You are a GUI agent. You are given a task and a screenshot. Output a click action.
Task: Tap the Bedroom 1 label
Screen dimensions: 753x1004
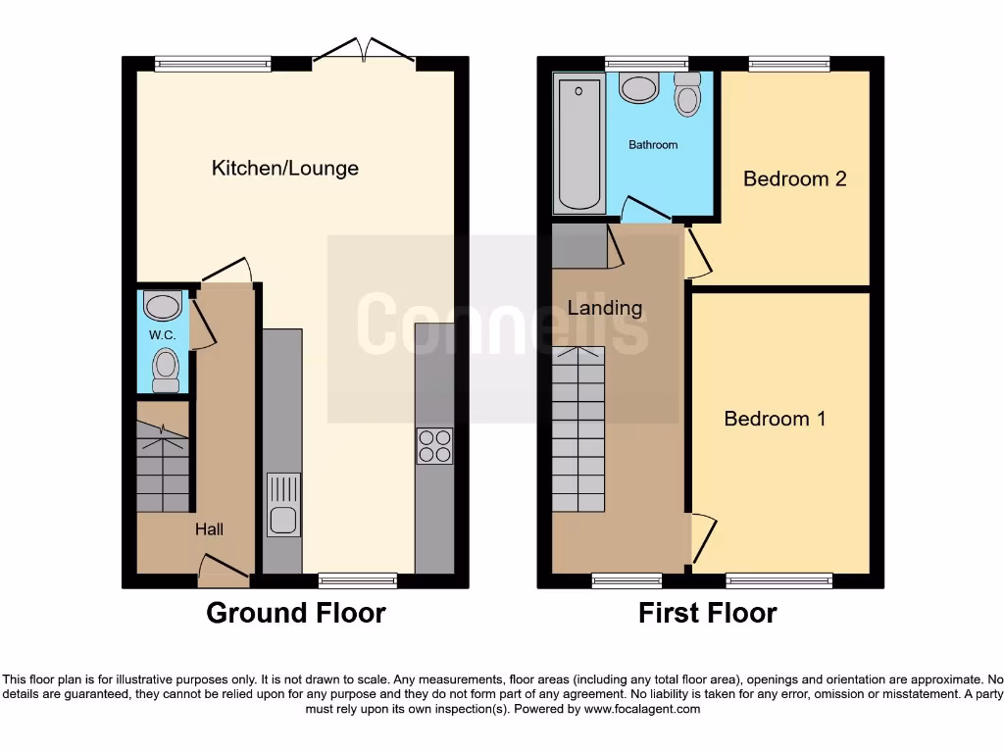[x=775, y=419]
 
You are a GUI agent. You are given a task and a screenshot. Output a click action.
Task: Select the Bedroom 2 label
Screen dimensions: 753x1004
[x=794, y=178]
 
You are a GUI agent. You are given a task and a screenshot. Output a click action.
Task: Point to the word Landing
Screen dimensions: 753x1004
[x=605, y=308]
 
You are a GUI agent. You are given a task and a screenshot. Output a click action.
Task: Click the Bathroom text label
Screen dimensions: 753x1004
[x=653, y=145]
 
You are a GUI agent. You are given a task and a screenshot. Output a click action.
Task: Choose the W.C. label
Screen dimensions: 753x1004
[x=162, y=335]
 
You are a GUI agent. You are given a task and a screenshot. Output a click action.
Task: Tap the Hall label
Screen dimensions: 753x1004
[x=209, y=529]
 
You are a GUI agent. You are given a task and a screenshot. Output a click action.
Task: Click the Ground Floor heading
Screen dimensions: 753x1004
[x=295, y=614]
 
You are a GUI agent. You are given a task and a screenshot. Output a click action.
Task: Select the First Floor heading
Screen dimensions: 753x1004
[x=707, y=614]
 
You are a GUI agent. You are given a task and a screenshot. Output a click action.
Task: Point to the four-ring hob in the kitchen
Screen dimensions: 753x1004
[x=435, y=447]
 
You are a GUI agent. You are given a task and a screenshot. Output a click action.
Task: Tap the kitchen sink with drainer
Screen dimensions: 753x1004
[x=283, y=504]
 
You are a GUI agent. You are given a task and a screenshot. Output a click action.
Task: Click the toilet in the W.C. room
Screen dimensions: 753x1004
[x=166, y=371]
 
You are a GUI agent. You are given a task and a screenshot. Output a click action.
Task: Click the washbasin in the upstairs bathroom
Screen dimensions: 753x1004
[x=639, y=88]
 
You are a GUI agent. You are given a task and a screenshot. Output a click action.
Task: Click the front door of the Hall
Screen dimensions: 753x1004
[x=222, y=568]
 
